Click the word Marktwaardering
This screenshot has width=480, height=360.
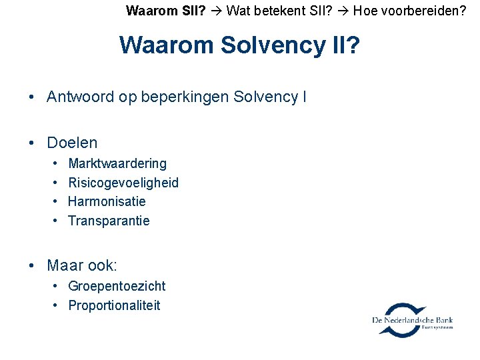coord(117,163)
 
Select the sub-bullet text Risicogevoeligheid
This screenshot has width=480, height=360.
coord(123,183)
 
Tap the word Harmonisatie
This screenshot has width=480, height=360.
coord(107,201)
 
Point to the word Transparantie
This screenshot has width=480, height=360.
coord(109,221)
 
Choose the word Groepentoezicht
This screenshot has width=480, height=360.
coord(117,286)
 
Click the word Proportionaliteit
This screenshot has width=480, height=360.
coord(114,305)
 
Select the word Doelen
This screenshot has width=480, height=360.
coord(72,143)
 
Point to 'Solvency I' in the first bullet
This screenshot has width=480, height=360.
coord(270,97)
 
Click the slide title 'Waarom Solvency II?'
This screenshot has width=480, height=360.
coord(239,45)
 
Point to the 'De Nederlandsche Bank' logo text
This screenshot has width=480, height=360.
coord(413,321)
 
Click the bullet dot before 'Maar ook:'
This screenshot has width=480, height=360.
coord(33,266)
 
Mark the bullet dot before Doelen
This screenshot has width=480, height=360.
coord(33,143)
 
